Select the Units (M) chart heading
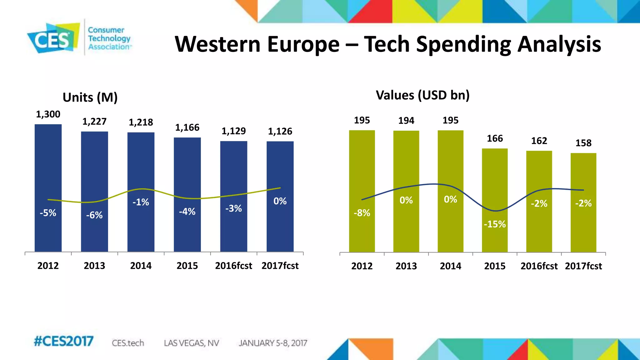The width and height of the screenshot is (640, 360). tap(90, 97)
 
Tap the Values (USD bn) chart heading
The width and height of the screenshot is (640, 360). tap(422, 95)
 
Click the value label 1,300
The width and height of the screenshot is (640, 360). tap(48, 114)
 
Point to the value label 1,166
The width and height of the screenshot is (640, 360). tap(187, 127)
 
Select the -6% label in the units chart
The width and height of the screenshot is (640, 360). tap(94, 215)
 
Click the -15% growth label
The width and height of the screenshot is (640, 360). tap(495, 224)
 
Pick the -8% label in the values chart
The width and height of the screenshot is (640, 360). tap(362, 213)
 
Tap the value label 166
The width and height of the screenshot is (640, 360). tap(495, 138)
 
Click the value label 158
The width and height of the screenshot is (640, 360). tap(583, 143)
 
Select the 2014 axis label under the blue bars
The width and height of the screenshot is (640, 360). tap(141, 266)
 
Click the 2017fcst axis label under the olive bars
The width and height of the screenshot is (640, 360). tap(583, 266)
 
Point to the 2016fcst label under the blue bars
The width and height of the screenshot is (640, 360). tap(233, 266)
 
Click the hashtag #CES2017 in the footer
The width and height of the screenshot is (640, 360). tap(63, 341)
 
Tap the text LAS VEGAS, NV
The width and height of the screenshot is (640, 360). tap(191, 343)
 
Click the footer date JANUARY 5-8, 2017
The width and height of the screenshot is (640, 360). tap(273, 343)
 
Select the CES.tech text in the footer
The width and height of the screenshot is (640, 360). tap(128, 343)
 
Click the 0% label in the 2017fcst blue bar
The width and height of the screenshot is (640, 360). tap(280, 201)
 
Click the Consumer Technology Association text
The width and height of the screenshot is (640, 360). tap(109, 38)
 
